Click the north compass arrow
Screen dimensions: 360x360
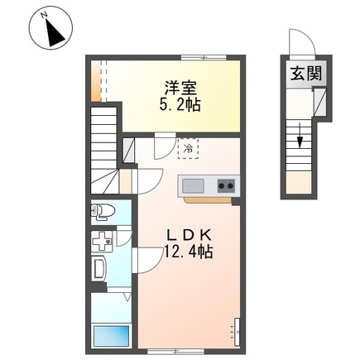[x=55, y=33]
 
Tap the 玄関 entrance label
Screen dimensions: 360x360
[x=306, y=74]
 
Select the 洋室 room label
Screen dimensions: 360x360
[x=180, y=88]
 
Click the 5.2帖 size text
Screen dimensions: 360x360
[x=180, y=104]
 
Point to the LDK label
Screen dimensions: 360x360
[x=189, y=235]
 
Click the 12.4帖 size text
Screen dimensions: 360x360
[x=189, y=251]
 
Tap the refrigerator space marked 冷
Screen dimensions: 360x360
[x=188, y=149]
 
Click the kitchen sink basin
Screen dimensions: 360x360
[x=194, y=186]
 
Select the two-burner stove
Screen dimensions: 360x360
[x=226, y=186]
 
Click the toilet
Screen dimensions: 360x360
[x=103, y=211]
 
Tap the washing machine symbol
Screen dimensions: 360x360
[x=102, y=242]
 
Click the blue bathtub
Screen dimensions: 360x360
[x=112, y=336]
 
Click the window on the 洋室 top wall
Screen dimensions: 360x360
[x=204, y=58]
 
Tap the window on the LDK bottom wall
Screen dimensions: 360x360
[x=175, y=352]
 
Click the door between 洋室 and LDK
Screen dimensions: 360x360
[x=165, y=146]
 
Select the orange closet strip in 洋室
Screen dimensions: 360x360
[x=96, y=81]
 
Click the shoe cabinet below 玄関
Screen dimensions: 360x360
[x=320, y=102]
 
